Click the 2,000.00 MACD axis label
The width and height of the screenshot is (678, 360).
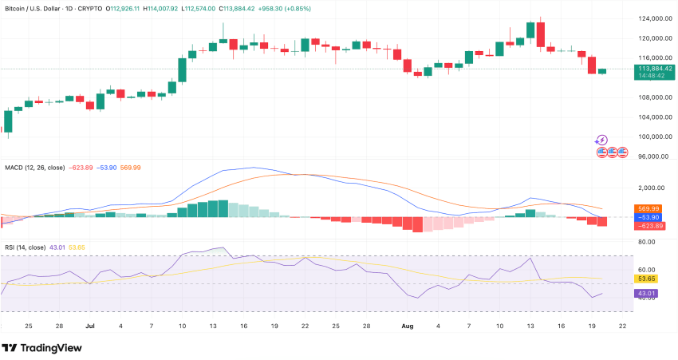pos(652,188)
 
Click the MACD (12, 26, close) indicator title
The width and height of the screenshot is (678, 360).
pos(35,168)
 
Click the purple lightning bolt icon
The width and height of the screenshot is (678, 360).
pos(602,140)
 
